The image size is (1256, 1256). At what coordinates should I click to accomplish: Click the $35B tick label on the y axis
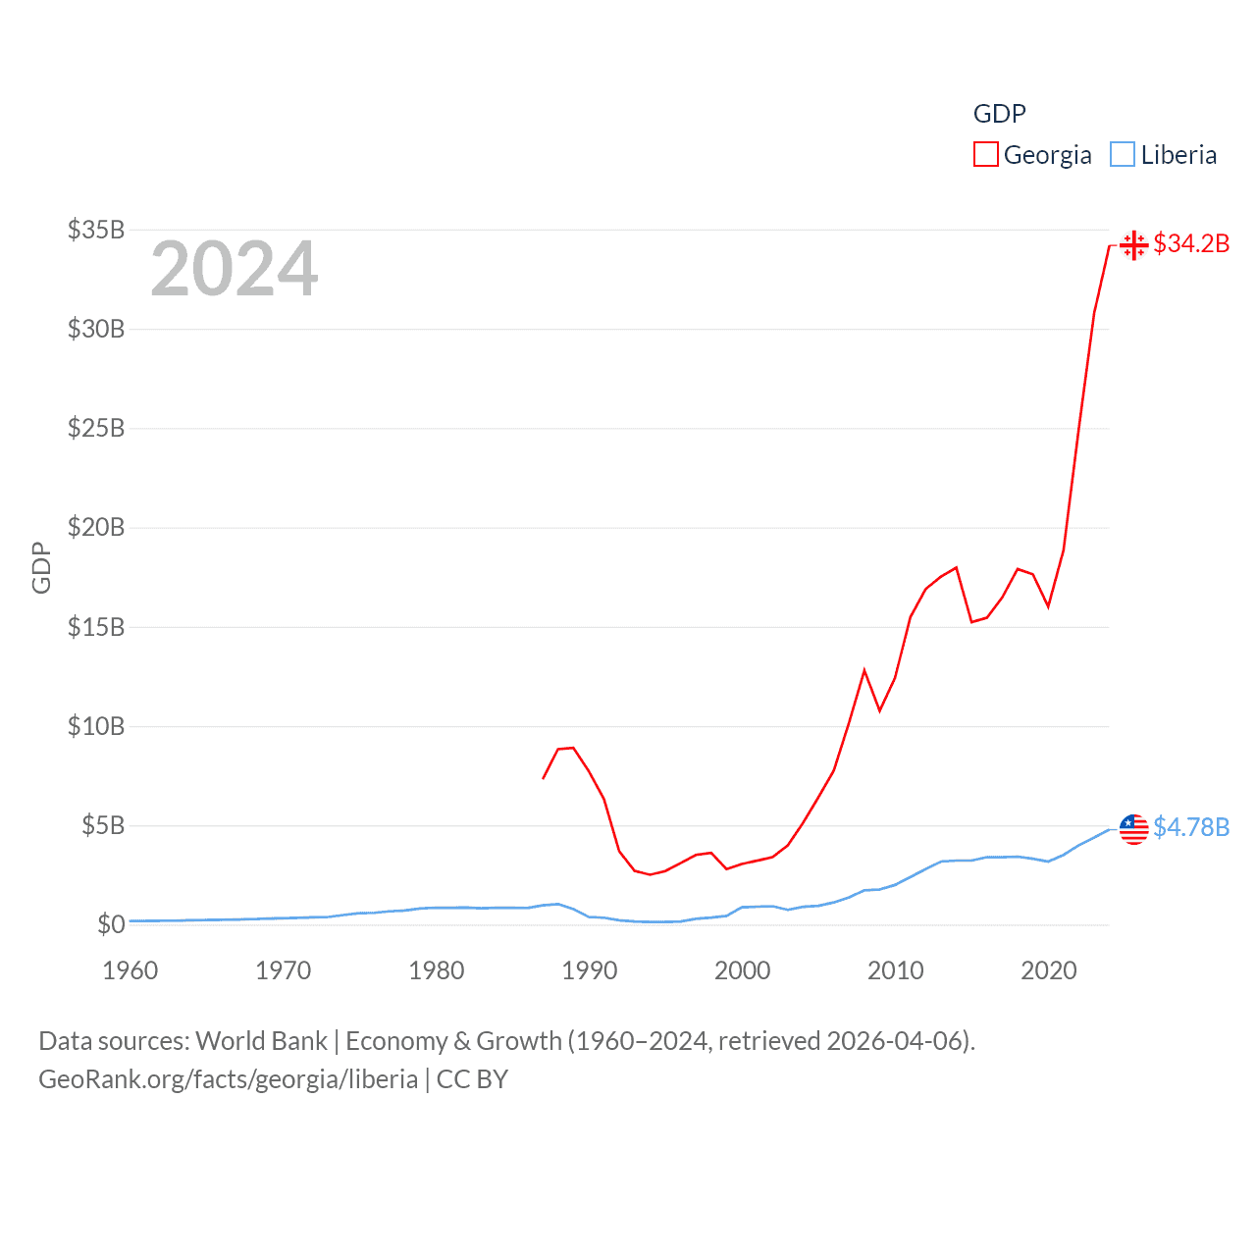coord(96,231)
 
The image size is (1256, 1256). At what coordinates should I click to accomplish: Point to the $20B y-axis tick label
coord(96,528)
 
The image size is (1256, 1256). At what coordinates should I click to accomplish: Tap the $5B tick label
coord(102,826)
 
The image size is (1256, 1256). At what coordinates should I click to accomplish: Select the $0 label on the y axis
coord(112,924)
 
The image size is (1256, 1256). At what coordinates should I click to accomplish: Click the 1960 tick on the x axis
coord(131,970)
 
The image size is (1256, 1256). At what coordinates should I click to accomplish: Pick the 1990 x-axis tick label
coord(590,970)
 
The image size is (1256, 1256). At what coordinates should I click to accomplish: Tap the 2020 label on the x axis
coord(1049,970)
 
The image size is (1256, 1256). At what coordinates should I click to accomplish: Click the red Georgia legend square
coord(985,155)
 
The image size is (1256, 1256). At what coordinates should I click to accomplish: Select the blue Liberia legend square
coord(1123,155)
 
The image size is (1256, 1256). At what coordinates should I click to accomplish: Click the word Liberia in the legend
coord(1178,155)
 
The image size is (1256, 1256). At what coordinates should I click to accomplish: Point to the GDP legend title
coord(999,114)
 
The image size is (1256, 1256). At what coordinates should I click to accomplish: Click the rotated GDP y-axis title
coord(41,567)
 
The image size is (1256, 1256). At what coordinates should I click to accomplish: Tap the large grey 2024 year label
coord(235,269)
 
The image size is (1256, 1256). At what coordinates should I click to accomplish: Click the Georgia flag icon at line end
coord(1134,244)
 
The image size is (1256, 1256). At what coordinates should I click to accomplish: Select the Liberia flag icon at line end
coord(1134,828)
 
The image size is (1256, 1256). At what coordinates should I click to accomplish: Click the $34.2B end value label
coord(1191,243)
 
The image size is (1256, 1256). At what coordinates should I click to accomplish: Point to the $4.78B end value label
coord(1191,827)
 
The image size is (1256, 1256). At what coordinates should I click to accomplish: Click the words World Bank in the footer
coord(261,1041)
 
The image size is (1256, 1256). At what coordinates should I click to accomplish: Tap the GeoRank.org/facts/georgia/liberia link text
coord(228,1079)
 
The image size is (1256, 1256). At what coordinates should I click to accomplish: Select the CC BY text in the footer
coord(472,1079)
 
